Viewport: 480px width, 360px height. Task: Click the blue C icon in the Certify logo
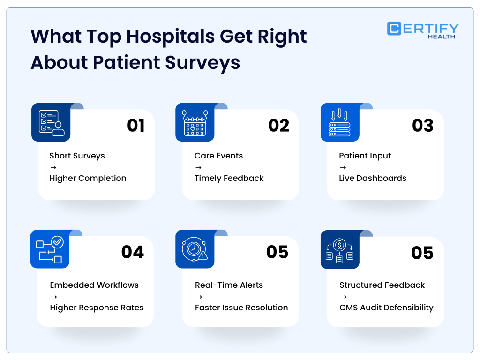pyautogui.click(x=394, y=29)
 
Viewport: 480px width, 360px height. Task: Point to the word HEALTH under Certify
pyautogui.click(x=441, y=37)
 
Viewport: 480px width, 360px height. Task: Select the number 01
pyautogui.click(x=136, y=126)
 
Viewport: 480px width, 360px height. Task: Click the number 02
pyautogui.click(x=278, y=126)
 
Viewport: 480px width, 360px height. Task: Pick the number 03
pyautogui.click(x=423, y=126)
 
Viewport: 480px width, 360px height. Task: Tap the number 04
pyautogui.click(x=133, y=252)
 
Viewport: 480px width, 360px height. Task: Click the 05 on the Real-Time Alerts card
pyautogui.click(x=277, y=252)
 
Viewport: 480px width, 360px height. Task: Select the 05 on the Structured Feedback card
pyautogui.click(x=422, y=253)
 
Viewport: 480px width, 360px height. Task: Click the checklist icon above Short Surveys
pyautogui.click(x=51, y=123)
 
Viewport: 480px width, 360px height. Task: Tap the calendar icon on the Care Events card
pyautogui.click(x=195, y=123)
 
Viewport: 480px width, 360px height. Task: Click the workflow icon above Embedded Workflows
pyautogui.click(x=50, y=249)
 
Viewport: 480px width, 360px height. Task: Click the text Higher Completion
pyautogui.click(x=88, y=178)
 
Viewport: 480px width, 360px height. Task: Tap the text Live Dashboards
pyautogui.click(x=373, y=178)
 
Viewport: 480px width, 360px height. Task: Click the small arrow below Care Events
pyautogui.click(x=198, y=167)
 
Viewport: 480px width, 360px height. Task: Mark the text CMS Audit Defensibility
pyautogui.click(x=386, y=307)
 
